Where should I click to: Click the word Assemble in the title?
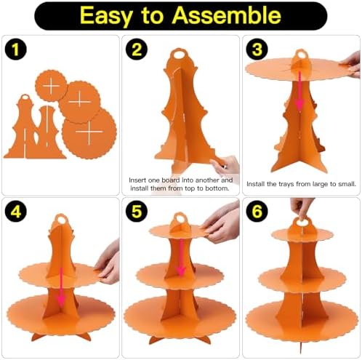click(x=226, y=15)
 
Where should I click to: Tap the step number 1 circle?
click(x=15, y=49)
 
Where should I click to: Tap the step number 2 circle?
click(x=137, y=49)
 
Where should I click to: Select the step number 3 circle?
click(x=257, y=49)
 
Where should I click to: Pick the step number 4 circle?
click(x=15, y=212)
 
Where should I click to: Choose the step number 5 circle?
click(x=137, y=212)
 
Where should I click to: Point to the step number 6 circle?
click(x=257, y=212)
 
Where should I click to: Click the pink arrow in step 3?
click(x=300, y=92)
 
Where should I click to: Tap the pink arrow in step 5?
click(x=181, y=257)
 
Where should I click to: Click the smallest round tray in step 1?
click(x=51, y=86)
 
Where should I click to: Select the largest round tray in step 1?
click(x=89, y=132)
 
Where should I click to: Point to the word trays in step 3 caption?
click(x=286, y=184)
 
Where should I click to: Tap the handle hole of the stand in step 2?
click(x=180, y=55)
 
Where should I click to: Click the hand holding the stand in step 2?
click(x=225, y=166)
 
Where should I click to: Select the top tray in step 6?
click(x=302, y=234)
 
